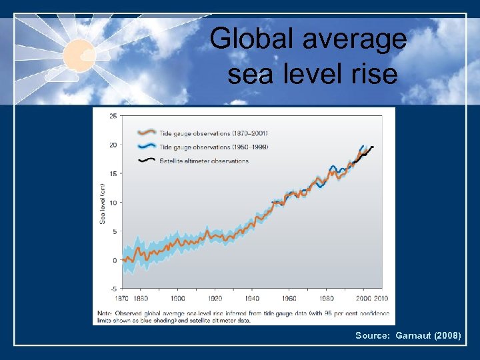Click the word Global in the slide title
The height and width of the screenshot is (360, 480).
coord(251,39)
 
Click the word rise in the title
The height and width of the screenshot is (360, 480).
coord(373,74)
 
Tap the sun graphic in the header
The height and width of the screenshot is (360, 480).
coord(80,54)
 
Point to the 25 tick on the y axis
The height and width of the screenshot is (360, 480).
coord(113,117)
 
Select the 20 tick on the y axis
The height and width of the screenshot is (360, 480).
coord(113,145)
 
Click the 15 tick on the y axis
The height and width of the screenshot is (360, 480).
coord(113,174)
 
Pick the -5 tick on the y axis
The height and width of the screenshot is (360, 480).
coord(113,289)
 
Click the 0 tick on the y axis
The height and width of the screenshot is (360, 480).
coord(115,260)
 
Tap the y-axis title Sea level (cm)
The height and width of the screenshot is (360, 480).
coord(103,203)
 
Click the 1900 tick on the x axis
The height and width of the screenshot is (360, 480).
coord(178,299)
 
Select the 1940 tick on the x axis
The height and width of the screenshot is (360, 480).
coord(252,299)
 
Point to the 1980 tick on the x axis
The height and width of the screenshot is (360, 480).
coord(327,299)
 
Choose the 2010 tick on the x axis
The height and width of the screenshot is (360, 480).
coord(382,299)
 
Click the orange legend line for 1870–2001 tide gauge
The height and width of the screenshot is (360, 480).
coord(146,132)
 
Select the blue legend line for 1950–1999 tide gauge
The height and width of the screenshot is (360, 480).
coord(146,147)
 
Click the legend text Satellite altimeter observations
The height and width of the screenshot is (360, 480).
coord(203,161)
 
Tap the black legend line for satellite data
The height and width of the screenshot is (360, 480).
coord(146,161)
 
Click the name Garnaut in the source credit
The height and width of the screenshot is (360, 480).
coord(413,336)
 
